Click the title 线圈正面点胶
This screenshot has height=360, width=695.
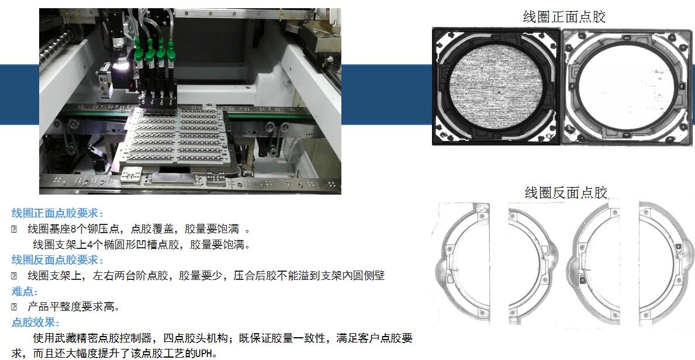click(x=564, y=18)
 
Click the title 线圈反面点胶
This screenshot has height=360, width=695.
click(x=566, y=193)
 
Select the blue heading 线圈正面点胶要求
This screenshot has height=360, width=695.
click(x=58, y=213)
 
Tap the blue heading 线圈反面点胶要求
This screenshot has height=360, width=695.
click(x=58, y=260)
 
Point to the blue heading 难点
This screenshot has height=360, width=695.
click(x=25, y=291)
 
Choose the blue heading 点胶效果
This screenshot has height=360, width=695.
click(x=36, y=323)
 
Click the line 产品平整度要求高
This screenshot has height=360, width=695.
click(x=74, y=306)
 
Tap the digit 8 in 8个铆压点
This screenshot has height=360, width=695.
click(x=74, y=229)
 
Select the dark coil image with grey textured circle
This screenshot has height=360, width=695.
click(x=496, y=86)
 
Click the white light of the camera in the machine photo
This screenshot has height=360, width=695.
click(x=121, y=67)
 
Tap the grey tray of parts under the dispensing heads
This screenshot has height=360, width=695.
click(x=177, y=133)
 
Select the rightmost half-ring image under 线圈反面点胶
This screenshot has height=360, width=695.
click(x=666, y=263)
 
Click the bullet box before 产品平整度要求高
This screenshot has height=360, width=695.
click(x=14, y=307)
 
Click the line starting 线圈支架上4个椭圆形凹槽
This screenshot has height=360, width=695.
click(x=142, y=244)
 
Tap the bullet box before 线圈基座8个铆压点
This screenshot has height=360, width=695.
click(x=14, y=230)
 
